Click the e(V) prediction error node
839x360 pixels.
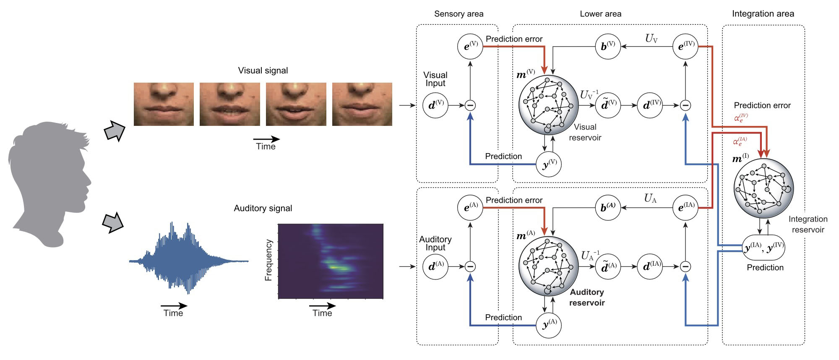coord(470,46)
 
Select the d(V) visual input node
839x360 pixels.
coord(435,105)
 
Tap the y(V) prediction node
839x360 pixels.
coord(549,164)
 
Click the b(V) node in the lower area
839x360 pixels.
coord(608,46)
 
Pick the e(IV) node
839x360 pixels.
coord(685,46)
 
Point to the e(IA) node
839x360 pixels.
coord(685,207)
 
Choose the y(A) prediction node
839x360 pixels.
coord(549,325)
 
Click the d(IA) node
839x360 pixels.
coord(650,266)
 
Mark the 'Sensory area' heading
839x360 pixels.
coord(459,14)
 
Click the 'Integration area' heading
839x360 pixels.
coord(763,14)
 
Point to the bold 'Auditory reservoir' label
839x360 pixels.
coord(587,297)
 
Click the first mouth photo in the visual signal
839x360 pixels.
coord(164,104)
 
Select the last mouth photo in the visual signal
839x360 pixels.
coord(362,104)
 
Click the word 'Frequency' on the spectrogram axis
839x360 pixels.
coord(268,260)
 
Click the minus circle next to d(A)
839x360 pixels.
coord(470,266)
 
